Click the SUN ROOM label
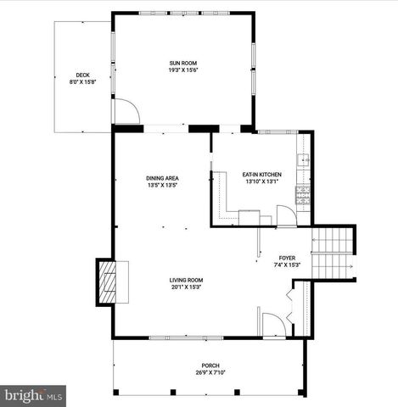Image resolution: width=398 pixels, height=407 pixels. (x=182, y=64)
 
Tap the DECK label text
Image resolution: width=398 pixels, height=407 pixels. (x=82, y=75)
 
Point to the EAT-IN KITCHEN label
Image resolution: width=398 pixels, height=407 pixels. (x=262, y=175)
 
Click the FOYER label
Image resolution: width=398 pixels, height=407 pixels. (x=287, y=257)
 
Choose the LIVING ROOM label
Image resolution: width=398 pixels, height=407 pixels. (x=185, y=280)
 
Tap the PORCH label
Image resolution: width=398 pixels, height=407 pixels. (x=210, y=366)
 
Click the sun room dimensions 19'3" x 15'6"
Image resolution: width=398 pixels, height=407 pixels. (x=182, y=70)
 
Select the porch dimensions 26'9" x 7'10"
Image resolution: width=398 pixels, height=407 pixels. (x=210, y=373)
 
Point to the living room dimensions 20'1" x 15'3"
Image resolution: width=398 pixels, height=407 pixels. (x=185, y=287)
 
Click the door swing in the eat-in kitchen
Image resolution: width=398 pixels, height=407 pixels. (x=287, y=215)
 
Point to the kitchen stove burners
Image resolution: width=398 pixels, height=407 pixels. (x=303, y=195)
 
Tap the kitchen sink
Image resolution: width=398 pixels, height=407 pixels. (x=303, y=159)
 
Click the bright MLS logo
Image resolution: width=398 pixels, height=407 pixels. (x=34, y=394)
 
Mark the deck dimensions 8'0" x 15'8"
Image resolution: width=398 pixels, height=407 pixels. (x=82, y=82)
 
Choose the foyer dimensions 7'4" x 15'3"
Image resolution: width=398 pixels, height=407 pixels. (x=287, y=264)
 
